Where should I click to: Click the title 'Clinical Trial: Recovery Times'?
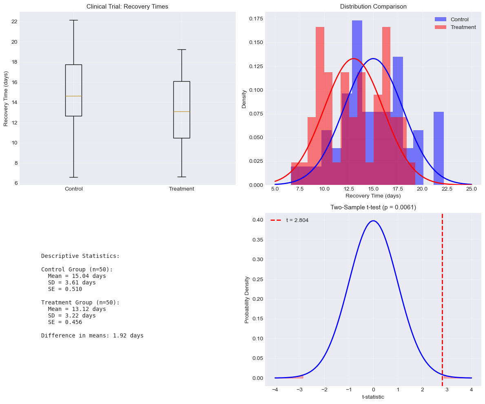127,7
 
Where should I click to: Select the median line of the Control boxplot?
73,96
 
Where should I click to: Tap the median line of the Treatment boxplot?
182,111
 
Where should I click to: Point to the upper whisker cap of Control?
73,20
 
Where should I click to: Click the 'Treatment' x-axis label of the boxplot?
182,189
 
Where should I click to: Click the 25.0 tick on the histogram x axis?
472,189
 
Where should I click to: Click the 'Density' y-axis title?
244,99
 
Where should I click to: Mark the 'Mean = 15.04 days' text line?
77,276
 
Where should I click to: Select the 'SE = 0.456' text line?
65,322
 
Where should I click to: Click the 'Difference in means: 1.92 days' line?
92,336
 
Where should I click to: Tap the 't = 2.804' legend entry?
297,220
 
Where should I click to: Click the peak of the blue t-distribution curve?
373,221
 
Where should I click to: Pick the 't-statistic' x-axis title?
373,397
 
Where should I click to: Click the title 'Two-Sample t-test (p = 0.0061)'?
373,207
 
